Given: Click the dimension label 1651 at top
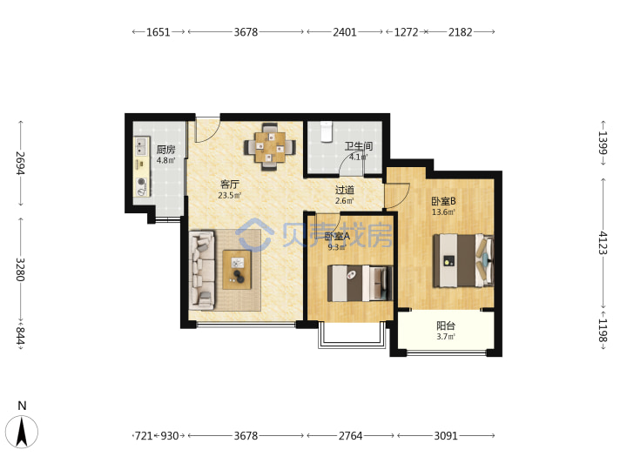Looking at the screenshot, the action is click(158, 32).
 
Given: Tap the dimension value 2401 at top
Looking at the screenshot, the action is click(345, 32).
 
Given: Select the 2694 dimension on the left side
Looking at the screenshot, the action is click(20, 163).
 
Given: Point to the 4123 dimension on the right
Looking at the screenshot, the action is click(603, 243).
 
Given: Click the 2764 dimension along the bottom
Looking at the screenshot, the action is click(350, 435).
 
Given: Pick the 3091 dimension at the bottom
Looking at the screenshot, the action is click(446, 435).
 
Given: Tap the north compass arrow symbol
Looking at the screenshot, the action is click(22, 432).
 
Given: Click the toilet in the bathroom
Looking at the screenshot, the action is click(327, 131).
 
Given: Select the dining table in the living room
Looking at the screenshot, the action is click(270, 147).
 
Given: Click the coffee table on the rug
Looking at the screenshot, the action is click(237, 269).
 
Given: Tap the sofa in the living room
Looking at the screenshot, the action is click(202, 270).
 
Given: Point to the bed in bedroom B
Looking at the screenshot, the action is click(464, 260).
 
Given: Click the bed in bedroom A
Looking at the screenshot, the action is click(361, 283).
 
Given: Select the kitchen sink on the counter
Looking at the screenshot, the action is click(141, 146).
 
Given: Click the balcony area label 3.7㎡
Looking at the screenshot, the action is click(446, 337).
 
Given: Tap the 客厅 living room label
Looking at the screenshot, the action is click(230, 185).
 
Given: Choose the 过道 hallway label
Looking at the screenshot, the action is click(344, 190).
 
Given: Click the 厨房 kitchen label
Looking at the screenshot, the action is click(165, 150).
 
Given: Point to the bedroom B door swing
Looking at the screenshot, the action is click(397, 196).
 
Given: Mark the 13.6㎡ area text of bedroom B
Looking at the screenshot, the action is click(443, 212).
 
